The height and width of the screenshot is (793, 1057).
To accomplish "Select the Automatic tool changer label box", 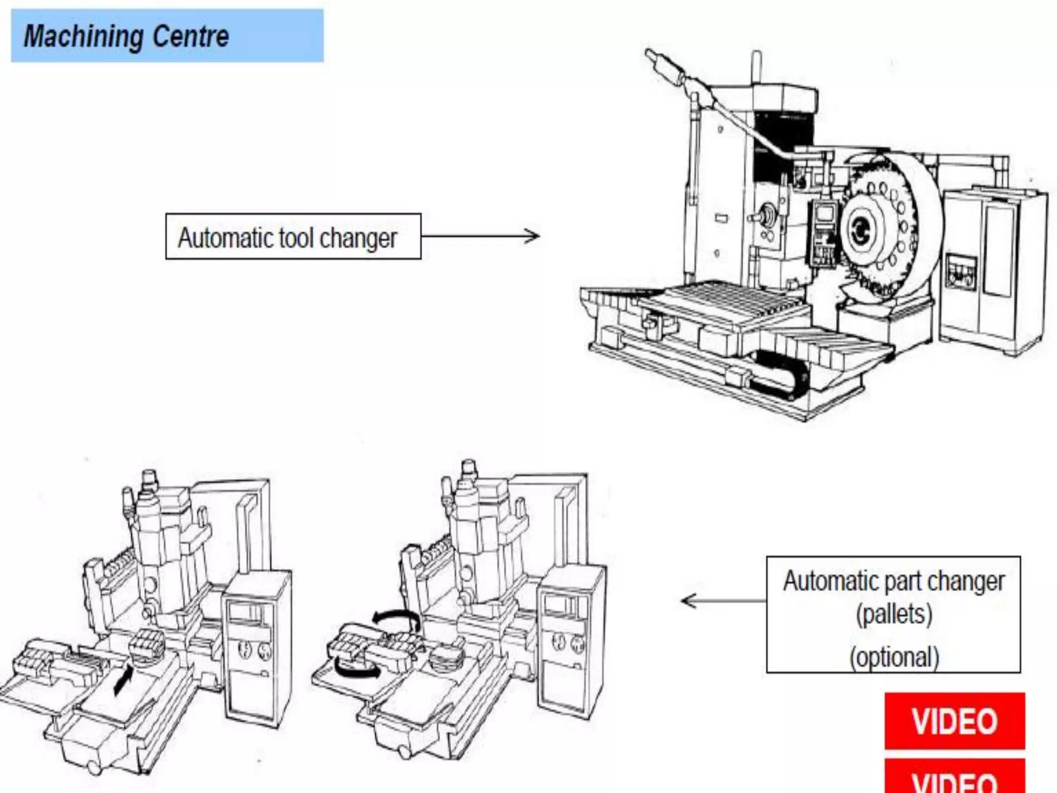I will coord(293,236).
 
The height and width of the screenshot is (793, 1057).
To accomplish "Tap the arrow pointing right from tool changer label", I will coord(480,236).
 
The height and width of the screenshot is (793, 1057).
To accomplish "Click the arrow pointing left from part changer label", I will coord(723,601).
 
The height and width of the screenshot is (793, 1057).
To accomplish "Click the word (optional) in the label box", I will coord(893,657).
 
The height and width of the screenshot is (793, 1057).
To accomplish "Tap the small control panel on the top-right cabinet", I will coord(961,271).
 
